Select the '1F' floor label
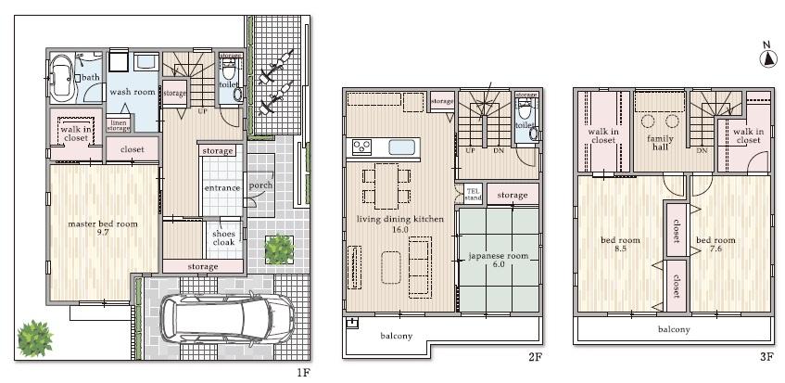303,373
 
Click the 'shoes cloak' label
223,238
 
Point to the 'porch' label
260,185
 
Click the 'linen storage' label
119,125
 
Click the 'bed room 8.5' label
614,245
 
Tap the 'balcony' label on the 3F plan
674,329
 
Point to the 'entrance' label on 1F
222,189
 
